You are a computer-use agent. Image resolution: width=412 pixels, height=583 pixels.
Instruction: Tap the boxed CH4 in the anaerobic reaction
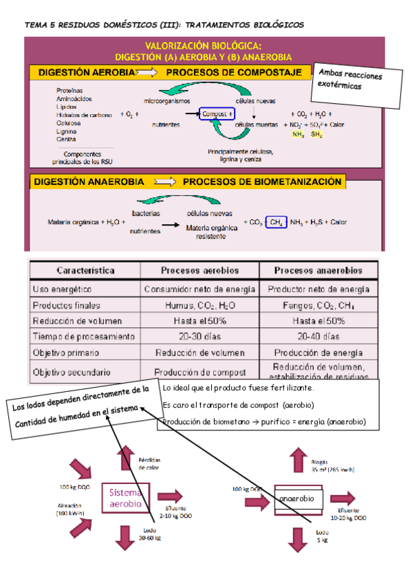(275, 222)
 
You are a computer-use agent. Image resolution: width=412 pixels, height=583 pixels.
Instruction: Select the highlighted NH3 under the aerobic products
(298, 134)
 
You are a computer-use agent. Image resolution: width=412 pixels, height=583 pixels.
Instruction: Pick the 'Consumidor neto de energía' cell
(200, 289)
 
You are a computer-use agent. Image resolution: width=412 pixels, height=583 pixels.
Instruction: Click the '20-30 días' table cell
(200, 337)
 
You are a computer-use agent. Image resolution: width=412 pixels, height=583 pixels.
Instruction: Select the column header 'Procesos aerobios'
(200, 270)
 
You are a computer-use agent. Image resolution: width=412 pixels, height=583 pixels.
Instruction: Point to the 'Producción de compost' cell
(200, 371)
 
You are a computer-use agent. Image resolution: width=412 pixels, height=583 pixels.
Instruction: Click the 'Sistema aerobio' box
(126, 498)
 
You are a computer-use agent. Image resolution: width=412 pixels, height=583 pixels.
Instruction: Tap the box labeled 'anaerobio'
(296, 498)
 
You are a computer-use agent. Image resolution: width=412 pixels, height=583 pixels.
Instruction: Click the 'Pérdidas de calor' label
(151, 463)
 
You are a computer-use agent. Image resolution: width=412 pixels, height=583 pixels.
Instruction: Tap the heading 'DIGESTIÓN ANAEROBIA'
(87, 182)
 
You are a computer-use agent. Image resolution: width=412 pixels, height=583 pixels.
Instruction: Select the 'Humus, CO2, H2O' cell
(200, 305)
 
